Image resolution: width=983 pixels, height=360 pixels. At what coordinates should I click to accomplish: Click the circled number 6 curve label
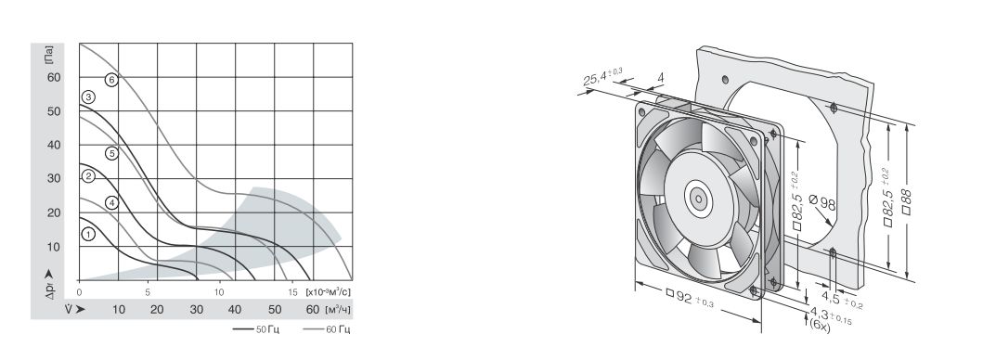point(111,80)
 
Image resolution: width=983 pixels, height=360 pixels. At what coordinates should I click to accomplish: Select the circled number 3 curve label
point(88,96)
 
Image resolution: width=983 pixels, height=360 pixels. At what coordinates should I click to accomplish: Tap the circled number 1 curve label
point(88,234)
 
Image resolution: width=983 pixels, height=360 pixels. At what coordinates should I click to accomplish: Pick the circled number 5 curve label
point(111,153)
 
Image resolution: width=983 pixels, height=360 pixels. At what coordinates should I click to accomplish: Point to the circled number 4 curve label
point(111,202)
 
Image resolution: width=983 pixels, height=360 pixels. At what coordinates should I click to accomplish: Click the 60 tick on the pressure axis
point(54,77)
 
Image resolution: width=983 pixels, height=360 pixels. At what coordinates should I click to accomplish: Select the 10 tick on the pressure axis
point(54,247)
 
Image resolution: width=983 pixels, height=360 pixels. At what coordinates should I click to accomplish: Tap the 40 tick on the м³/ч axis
point(235,309)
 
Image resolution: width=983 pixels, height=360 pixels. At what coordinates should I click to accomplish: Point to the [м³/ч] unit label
point(339,309)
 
